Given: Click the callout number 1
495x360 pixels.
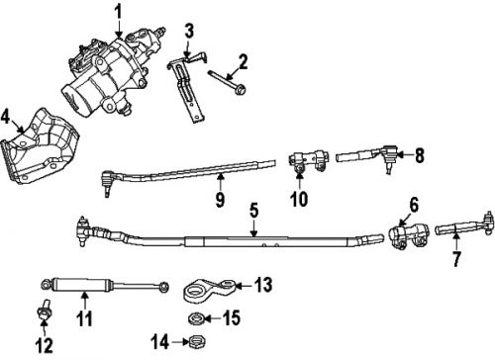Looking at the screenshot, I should coord(118,12).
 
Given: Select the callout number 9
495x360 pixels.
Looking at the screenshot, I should coord(220,199).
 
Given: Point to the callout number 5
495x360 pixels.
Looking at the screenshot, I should coord(253,210).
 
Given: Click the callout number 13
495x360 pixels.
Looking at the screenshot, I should coord(261,285).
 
